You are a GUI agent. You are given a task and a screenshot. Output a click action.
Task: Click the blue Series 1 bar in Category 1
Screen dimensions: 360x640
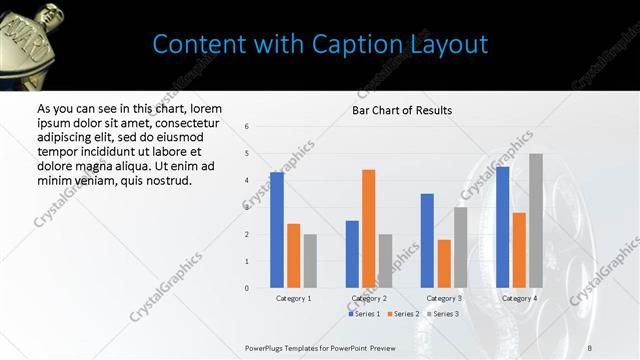277,230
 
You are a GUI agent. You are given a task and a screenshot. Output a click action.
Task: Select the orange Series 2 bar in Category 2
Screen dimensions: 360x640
369,229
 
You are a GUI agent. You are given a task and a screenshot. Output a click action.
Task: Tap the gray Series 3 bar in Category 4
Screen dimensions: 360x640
536,221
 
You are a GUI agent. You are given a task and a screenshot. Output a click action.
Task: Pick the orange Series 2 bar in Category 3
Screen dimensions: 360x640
444,264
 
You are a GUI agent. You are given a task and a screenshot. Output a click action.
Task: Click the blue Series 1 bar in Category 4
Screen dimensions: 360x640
502,227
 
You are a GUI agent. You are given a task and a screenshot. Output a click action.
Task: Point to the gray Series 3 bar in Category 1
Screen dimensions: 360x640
310,261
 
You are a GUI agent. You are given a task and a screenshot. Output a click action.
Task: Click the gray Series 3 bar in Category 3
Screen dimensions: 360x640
460,247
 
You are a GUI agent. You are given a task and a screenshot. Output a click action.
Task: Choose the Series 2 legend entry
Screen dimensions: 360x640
402,314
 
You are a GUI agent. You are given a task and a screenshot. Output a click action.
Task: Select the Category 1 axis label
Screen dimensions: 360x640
293,298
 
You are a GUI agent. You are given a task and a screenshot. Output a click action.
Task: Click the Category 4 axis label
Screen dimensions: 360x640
519,298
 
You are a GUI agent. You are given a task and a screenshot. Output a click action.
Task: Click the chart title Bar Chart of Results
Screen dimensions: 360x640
402,110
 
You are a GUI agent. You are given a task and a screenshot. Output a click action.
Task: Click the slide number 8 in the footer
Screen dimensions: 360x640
590,347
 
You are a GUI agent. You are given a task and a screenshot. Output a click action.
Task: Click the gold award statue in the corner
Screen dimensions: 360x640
28,30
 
